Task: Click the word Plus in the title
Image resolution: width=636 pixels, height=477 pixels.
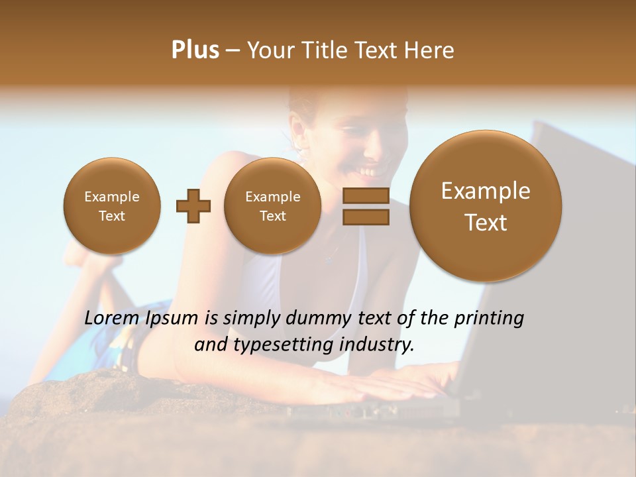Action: (195, 50)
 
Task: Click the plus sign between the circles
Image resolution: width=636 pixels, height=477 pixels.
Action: (193, 206)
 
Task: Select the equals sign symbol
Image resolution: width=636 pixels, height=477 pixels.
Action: (365, 206)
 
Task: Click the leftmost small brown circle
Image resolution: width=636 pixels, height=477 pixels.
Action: (112, 206)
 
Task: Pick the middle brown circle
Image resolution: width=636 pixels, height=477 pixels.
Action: (272, 206)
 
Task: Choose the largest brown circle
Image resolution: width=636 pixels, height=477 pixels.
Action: (486, 206)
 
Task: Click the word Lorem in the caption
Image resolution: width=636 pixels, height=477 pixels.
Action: (111, 318)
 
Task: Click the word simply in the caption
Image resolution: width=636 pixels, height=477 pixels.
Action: (248, 319)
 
